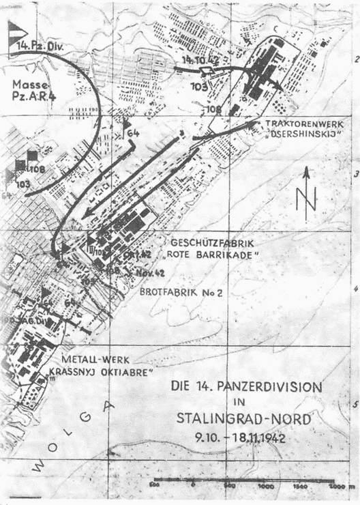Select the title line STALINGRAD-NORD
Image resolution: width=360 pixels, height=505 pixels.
pos(254,417)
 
